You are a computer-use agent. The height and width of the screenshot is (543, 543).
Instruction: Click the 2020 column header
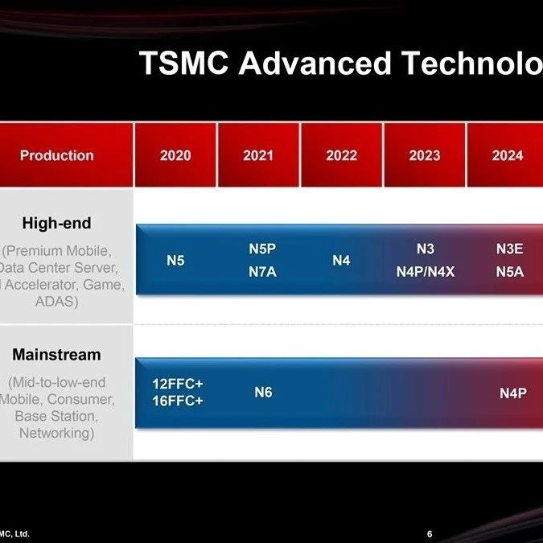pyautogui.click(x=175, y=155)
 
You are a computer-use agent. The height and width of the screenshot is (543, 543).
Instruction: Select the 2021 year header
pyautogui.click(x=258, y=155)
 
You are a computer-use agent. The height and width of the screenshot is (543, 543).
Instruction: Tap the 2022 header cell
pyautogui.click(x=341, y=155)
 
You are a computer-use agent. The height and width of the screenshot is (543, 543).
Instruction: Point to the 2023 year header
pyautogui.click(x=425, y=155)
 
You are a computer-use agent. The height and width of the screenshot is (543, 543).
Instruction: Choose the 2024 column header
pyautogui.click(x=508, y=155)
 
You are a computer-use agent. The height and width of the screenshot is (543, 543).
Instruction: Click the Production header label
pyautogui.click(x=57, y=155)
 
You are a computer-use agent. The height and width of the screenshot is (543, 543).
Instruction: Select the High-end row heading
pyautogui.click(x=57, y=223)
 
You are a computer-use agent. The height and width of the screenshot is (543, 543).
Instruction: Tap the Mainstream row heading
pyautogui.click(x=57, y=355)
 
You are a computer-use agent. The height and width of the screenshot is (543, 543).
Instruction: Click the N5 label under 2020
pyautogui.click(x=175, y=261)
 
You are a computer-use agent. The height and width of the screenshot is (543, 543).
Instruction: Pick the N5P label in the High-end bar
pyautogui.click(x=262, y=249)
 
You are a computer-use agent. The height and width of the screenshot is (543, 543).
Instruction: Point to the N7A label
pyautogui.click(x=262, y=272)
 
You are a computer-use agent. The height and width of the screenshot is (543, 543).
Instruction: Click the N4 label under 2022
pyautogui.click(x=341, y=261)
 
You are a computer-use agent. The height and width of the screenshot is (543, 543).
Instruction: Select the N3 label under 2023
pyautogui.click(x=426, y=249)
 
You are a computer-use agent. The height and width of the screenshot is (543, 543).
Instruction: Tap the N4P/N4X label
pyautogui.click(x=426, y=272)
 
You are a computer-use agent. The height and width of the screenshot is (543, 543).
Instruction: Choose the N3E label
pyautogui.click(x=510, y=249)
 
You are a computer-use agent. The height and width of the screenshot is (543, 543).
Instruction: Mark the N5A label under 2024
pyautogui.click(x=510, y=272)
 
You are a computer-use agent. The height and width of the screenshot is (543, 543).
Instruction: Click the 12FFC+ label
pyautogui.click(x=178, y=384)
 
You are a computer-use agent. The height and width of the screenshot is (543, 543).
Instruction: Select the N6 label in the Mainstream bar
pyautogui.click(x=263, y=393)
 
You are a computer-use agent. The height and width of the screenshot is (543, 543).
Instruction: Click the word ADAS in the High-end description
pyautogui.click(x=57, y=302)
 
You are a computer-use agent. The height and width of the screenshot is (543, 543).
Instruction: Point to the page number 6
pyautogui.click(x=430, y=534)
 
